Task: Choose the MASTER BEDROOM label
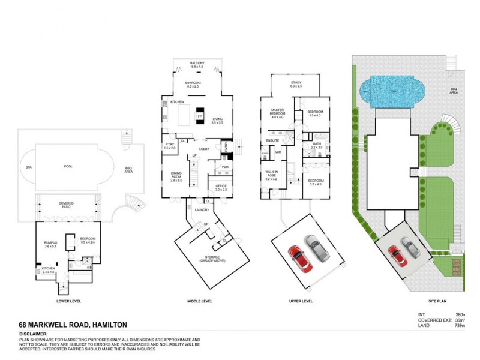point(277,112)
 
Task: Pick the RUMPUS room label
point(50,244)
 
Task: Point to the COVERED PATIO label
point(66,205)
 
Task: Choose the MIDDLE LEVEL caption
point(200,301)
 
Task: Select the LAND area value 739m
point(461,325)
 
